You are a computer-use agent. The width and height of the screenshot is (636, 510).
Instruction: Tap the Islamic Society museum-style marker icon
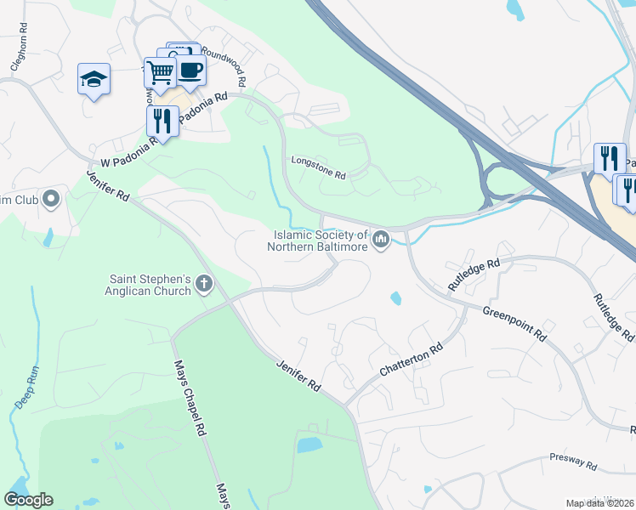[382, 241]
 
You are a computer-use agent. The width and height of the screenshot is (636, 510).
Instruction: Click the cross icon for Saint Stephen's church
[204, 284]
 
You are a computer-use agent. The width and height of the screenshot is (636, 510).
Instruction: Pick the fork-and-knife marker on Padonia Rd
[162, 120]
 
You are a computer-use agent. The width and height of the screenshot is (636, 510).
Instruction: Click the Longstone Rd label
[319, 167]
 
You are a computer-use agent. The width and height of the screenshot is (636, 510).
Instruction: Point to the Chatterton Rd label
[412, 360]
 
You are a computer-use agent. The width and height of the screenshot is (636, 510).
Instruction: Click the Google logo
[28, 500]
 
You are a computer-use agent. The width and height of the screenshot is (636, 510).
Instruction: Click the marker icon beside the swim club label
[51, 200]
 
